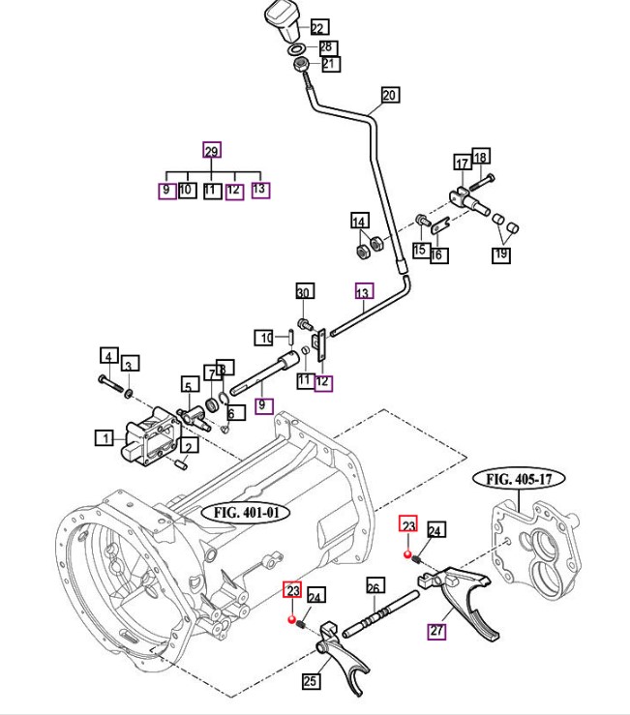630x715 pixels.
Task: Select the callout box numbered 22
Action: (x=319, y=27)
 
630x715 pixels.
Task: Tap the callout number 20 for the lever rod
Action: (x=390, y=95)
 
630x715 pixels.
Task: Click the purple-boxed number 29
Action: (x=212, y=150)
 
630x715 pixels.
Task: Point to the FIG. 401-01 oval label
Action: (x=247, y=513)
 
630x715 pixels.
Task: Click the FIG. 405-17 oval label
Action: (x=519, y=479)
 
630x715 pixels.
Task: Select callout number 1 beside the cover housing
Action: (x=105, y=437)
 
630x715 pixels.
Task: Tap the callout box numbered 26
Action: (x=375, y=586)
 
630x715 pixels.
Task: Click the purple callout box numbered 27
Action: (x=436, y=631)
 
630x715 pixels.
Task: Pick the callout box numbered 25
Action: (x=311, y=681)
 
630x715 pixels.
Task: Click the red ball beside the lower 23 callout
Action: (x=292, y=619)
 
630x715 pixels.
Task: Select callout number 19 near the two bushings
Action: (x=501, y=254)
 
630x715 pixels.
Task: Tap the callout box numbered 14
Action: (x=359, y=222)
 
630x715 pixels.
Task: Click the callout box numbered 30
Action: (x=305, y=291)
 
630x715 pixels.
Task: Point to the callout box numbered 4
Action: (x=109, y=356)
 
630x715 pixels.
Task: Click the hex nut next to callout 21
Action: (x=301, y=66)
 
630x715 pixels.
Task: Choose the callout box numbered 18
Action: (x=481, y=157)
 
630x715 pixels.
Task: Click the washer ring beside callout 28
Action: (x=297, y=48)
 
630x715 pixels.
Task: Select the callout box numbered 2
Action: (x=190, y=445)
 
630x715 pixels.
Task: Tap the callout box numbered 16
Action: (x=438, y=254)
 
